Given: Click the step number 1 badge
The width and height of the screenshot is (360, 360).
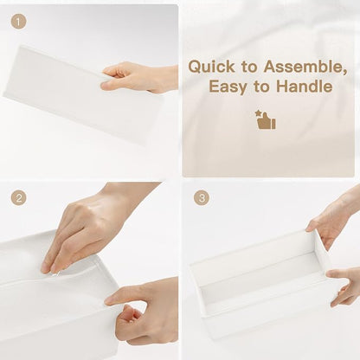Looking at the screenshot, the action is [19, 22].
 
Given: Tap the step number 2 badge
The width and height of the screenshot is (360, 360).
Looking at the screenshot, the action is [19, 198].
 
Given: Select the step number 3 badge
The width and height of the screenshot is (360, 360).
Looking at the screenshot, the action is [202, 198].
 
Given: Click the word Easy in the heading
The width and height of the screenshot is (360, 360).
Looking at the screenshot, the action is [228, 87].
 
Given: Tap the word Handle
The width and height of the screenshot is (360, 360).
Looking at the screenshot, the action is [305, 86].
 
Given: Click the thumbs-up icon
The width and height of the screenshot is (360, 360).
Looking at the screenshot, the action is [267, 120].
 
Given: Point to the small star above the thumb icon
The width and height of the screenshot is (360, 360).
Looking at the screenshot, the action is [258, 112].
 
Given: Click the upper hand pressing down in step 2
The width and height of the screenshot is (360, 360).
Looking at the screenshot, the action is [95, 228].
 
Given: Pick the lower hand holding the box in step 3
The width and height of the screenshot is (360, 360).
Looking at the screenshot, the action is [344, 286].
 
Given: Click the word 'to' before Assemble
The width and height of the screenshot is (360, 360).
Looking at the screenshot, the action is [249, 67].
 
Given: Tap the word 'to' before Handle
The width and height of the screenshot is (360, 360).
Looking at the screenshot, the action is [261, 87].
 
